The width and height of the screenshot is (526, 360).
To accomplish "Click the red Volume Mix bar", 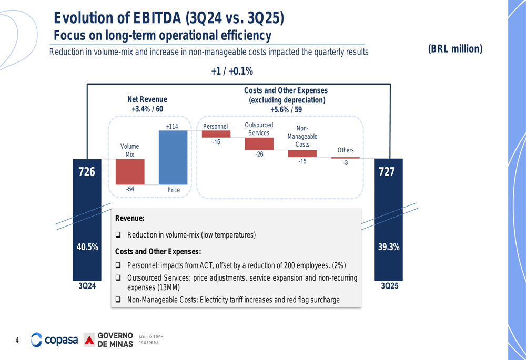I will click(130, 171).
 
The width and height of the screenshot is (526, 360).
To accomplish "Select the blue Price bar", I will click(173, 157).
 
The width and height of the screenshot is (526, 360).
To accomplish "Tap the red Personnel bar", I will click(216, 134).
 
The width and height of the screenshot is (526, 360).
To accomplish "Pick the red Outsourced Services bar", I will click(259, 143).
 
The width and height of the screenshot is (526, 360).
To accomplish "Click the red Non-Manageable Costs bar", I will click(302, 153).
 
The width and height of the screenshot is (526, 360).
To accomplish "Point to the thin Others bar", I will click(345, 158).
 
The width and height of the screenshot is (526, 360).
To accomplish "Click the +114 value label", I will click(172, 126).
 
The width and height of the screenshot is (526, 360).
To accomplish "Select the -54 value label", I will click(129, 189).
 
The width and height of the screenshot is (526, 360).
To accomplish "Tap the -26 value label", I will click(259, 155).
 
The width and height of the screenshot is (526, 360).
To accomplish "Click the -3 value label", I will click(345, 163).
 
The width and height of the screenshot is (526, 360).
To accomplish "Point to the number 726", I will click(87, 172).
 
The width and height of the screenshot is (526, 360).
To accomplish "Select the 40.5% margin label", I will click(87, 247).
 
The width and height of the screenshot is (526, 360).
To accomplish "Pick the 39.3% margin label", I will click(389, 247).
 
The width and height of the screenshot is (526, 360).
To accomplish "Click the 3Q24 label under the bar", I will click(87, 286).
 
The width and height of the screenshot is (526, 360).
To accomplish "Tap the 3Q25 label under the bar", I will click(388, 286).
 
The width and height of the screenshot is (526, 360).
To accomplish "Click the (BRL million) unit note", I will click(455, 49).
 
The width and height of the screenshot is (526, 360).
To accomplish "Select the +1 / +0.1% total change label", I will click(232, 71).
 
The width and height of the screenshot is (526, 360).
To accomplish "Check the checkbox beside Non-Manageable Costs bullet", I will click(118, 300).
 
